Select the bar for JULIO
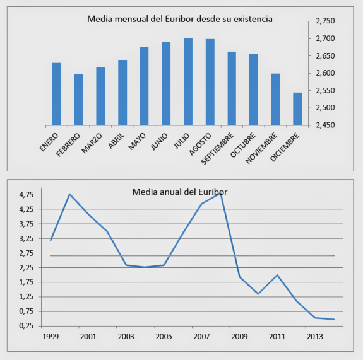(x=188, y=81)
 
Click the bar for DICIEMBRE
(x=297, y=109)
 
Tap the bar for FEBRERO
(x=78, y=100)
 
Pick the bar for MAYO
(x=144, y=86)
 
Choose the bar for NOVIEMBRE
(x=275, y=100)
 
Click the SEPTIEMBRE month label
(x=217, y=148)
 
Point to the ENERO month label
(x=49, y=142)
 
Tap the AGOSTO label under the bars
(x=200, y=144)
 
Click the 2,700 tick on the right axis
(x=325, y=38)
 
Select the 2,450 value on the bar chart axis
(x=325, y=125)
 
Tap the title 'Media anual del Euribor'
(x=180, y=192)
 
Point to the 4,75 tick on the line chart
(x=27, y=195)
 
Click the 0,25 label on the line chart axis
(x=27, y=326)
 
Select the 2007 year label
(x=201, y=337)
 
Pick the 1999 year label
(x=51, y=337)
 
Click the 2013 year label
(x=315, y=337)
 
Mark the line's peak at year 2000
(x=69, y=194)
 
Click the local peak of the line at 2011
(x=277, y=275)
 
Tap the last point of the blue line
(x=334, y=319)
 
